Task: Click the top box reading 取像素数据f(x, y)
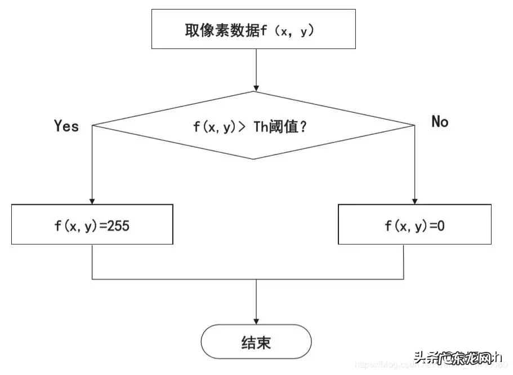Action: point(253,29)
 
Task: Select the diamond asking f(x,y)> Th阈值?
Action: point(254,125)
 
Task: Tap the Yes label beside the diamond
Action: point(66,126)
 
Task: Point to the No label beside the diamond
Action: point(440,121)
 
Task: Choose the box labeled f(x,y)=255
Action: point(92,224)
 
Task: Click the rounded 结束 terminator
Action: point(256,342)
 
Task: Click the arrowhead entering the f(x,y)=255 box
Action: point(92,200)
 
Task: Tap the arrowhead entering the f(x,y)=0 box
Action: point(415,200)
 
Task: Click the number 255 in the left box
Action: point(119,226)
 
